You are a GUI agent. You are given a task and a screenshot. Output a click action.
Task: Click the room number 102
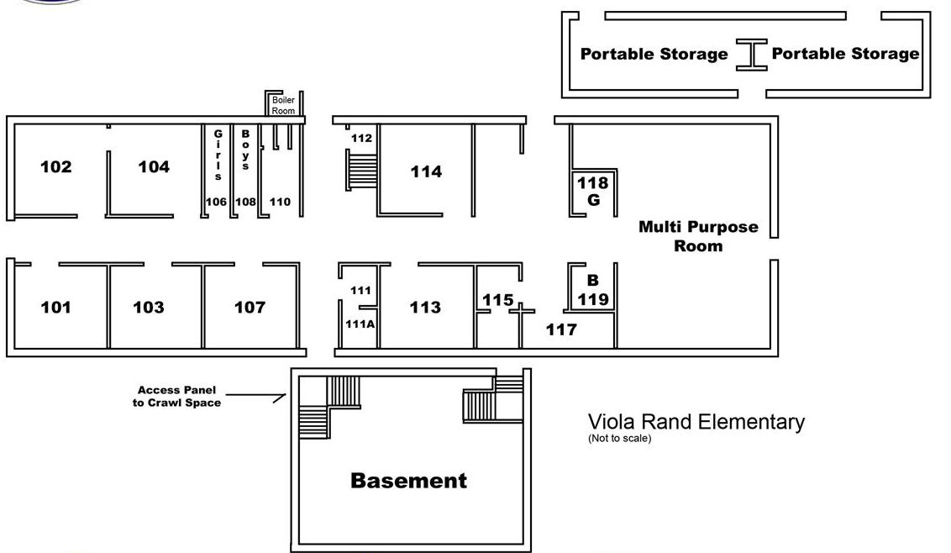(x=55, y=167)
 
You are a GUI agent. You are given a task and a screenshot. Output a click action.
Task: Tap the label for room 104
(x=154, y=167)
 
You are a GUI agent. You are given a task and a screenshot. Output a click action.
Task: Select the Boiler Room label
(x=283, y=105)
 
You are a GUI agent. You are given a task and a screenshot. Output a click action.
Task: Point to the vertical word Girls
(x=218, y=155)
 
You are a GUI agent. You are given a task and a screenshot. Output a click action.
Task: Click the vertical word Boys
(x=245, y=150)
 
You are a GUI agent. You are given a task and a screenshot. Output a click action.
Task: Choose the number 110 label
(x=280, y=202)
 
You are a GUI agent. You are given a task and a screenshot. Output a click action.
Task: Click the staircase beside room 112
(x=361, y=171)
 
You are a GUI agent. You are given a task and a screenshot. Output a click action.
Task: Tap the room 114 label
(x=426, y=171)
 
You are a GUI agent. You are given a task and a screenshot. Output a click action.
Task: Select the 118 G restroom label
(x=592, y=192)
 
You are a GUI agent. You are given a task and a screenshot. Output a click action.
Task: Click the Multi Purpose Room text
(x=698, y=236)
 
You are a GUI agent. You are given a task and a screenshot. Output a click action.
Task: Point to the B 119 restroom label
(x=592, y=290)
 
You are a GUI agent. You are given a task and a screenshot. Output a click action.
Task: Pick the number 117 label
(x=561, y=329)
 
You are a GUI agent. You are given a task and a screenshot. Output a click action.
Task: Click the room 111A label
(x=360, y=324)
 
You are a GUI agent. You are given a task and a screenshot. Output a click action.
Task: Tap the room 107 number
(x=250, y=307)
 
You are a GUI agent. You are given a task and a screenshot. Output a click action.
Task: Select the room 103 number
(x=149, y=307)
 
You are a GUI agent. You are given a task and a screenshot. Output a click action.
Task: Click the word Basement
(x=409, y=481)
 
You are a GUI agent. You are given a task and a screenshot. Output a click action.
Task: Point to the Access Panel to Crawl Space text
(x=176, y=397)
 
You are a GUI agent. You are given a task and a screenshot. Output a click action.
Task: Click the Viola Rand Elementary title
(x=696, y=422)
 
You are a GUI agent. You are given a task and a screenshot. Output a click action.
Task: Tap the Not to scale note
(x=619, y=438)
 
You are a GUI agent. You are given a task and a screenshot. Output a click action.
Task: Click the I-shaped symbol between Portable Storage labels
(x=751, y=55)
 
